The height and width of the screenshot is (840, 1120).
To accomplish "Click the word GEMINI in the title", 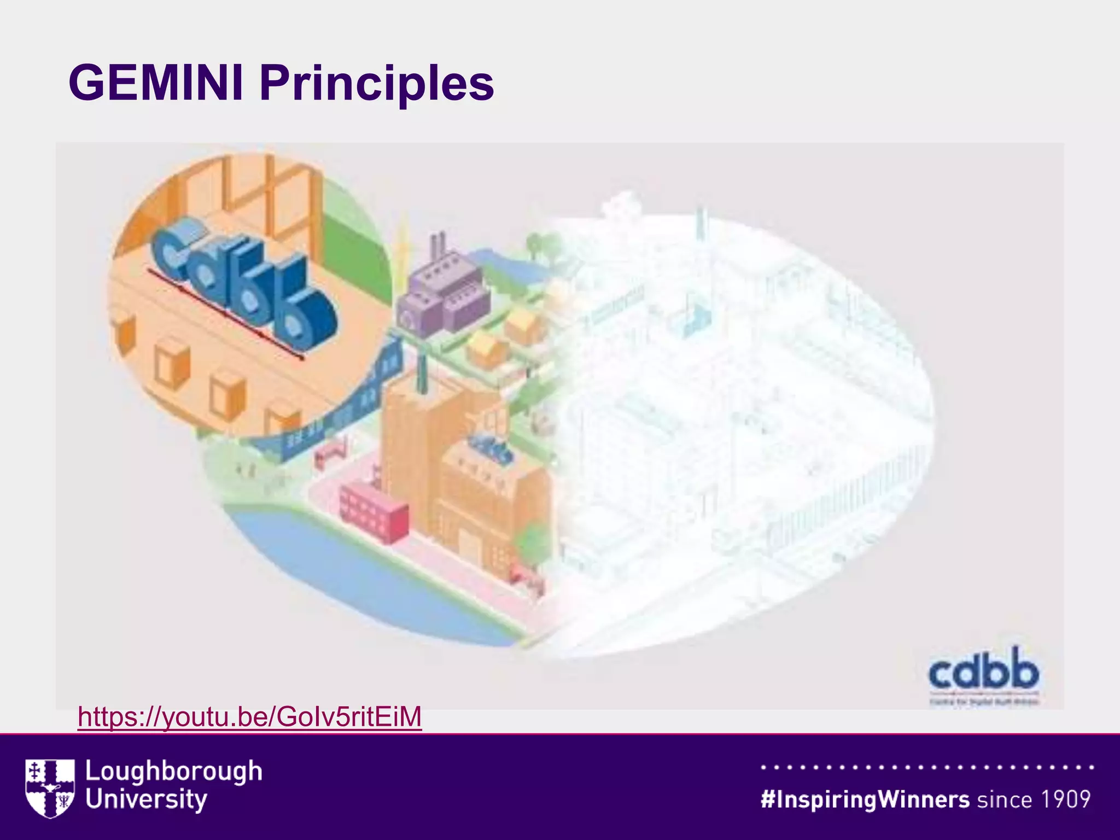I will click(x=156, y=83).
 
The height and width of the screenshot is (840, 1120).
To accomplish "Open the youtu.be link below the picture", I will click(x=250, y=716).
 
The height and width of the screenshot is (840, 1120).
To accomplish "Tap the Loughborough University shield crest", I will click(x=50, y=787).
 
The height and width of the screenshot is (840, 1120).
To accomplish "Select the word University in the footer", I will click(x=147, y=800).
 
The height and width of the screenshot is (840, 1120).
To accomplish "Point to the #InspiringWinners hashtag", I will click(x=865, y=800).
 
